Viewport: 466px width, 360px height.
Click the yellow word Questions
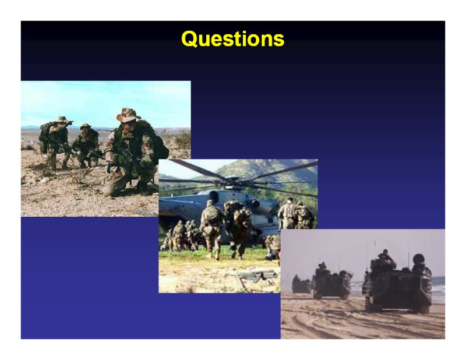(232, 39)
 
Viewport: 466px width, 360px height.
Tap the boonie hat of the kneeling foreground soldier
(128, 115)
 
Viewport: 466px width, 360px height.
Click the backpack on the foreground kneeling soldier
(154, 140)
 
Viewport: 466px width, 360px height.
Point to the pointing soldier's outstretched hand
(70, 122)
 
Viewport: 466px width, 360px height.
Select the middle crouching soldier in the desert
(86, 145)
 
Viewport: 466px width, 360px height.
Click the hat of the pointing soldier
(61, 119)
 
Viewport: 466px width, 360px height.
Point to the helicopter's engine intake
(213, 196)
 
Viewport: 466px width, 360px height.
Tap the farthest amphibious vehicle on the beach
(301, 285)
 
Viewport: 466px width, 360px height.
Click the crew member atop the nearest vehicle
(386, 256)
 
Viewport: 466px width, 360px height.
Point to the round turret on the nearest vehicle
(418, 259)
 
